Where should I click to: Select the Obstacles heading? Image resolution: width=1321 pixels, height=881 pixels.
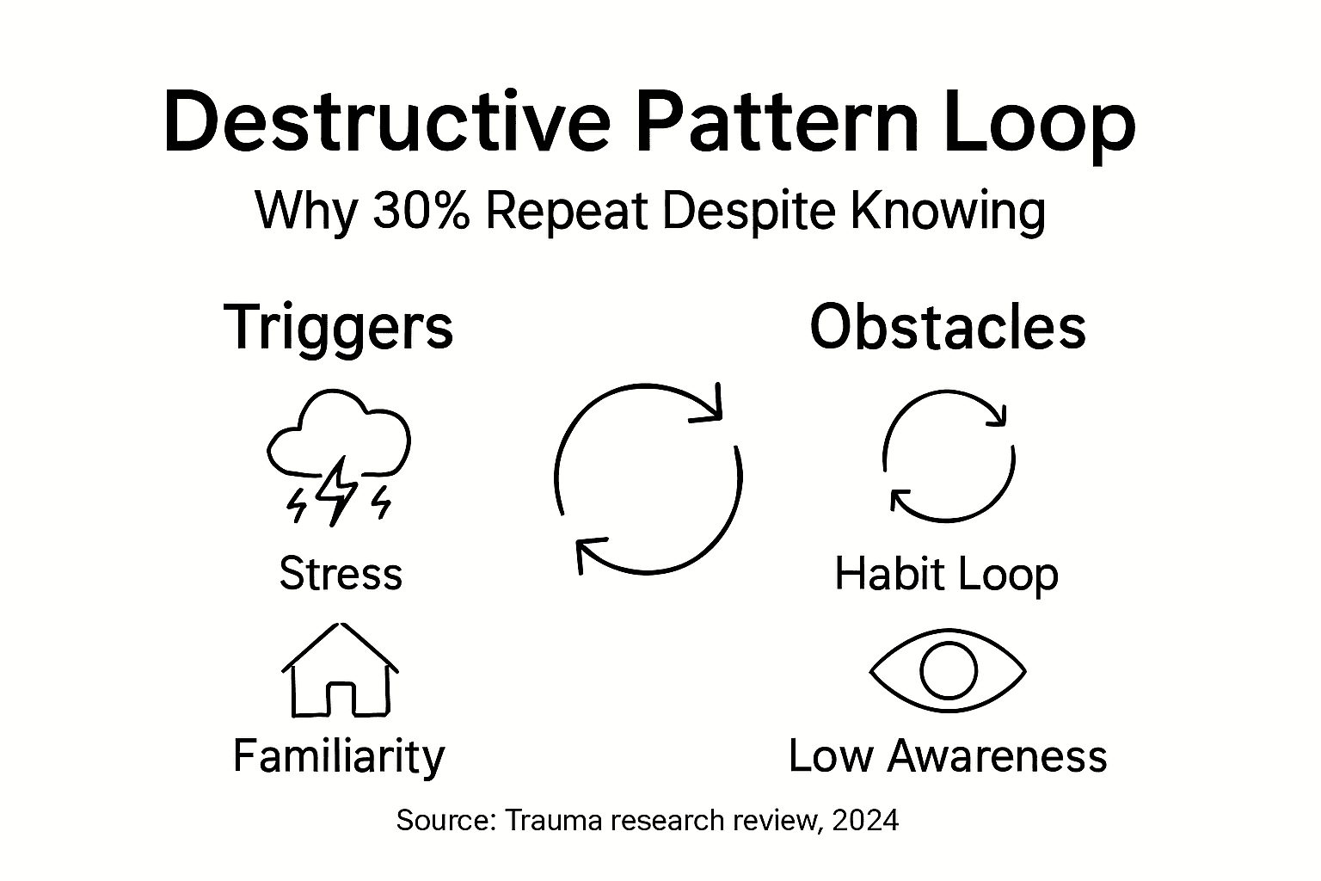point(948,327)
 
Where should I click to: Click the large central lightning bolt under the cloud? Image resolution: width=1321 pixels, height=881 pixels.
point(337,490)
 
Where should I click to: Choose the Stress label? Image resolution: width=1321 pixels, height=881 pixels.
point(341,573)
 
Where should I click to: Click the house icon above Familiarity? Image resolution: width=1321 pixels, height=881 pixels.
point(341,671)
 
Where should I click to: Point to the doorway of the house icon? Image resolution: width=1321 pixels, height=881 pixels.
point(341,699)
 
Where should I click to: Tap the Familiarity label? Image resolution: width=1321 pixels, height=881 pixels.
point(339,755)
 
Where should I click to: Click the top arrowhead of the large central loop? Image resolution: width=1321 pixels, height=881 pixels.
point(712,408)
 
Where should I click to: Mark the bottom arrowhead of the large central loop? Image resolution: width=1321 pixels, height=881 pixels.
point(587,552)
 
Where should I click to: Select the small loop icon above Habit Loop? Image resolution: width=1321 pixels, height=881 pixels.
point(949,456)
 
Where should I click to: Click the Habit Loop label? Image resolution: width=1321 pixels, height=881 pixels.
point(946,574)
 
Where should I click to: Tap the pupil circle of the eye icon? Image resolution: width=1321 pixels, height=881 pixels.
point(949,670)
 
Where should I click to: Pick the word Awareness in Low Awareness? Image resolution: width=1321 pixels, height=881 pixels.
point(997,755)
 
